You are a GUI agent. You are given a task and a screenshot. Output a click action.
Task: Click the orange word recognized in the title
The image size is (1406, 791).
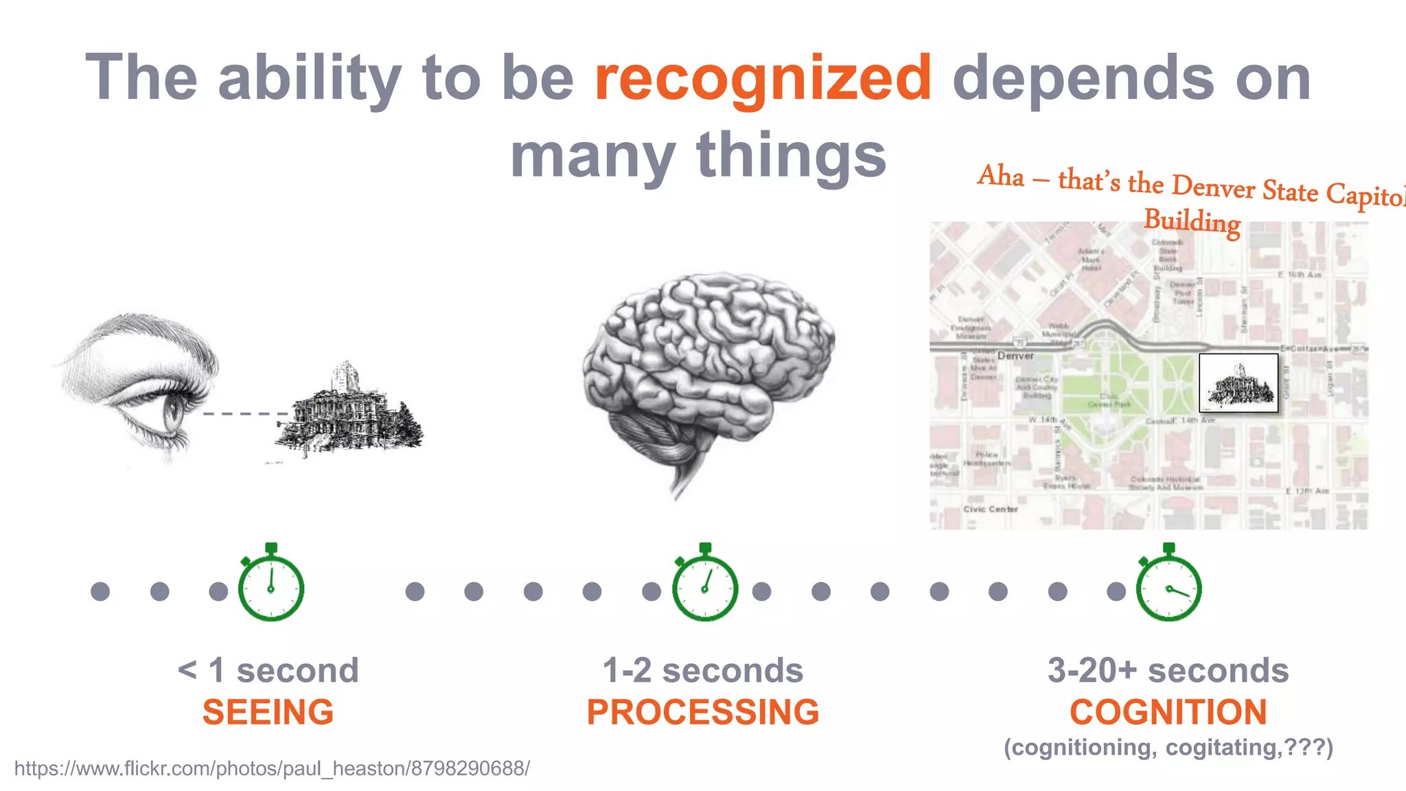762,79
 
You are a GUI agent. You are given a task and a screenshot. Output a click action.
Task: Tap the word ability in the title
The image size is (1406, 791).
309,79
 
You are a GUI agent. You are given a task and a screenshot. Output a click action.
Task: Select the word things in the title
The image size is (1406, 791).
791,155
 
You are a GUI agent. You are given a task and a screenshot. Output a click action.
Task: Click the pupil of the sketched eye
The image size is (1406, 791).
172,411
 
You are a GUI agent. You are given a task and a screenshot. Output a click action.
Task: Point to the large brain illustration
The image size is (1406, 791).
707,371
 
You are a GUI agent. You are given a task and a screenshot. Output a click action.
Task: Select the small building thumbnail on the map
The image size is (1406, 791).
1238,383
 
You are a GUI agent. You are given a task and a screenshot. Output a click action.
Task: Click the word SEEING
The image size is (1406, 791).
268,712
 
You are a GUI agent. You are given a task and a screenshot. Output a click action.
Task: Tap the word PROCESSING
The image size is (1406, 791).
703,712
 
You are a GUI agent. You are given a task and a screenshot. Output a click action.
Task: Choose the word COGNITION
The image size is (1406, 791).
1168,712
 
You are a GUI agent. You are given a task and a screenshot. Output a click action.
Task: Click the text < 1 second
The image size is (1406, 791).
268,670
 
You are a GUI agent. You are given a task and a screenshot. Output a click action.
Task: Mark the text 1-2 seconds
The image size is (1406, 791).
703,670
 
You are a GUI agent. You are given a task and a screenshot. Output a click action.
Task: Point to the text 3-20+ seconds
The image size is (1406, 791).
1168,670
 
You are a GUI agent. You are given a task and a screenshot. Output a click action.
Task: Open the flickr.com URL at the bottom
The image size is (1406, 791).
272,768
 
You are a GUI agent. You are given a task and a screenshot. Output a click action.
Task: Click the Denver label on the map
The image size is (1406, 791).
1015,356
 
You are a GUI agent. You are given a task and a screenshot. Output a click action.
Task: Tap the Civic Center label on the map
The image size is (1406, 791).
990,509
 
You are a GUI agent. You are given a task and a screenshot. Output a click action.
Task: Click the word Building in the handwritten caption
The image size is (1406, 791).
1192,221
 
